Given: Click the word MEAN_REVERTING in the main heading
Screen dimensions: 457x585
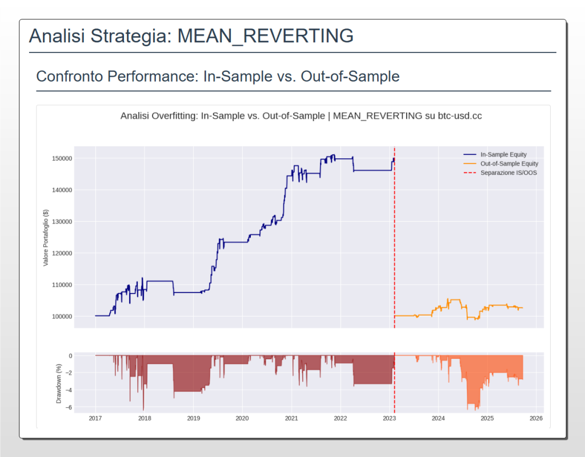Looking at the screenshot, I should (266, 36).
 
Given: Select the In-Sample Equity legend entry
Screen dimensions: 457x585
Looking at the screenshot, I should (503, 154).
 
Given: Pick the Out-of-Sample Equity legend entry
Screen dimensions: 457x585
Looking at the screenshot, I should (509, 163).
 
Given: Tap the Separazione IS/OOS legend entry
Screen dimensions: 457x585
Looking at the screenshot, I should (508, 173).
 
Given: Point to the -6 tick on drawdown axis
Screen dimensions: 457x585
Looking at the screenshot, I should (69, 407).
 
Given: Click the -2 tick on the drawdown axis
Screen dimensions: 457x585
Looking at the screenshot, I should (69, 373).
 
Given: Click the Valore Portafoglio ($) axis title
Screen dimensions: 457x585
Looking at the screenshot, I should (46, 237).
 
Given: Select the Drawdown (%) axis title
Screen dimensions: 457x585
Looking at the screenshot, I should (58, 382).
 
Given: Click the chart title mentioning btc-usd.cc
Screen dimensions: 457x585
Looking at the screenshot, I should (301, 116).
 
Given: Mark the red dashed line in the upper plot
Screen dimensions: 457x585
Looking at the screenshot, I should (395, 240).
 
